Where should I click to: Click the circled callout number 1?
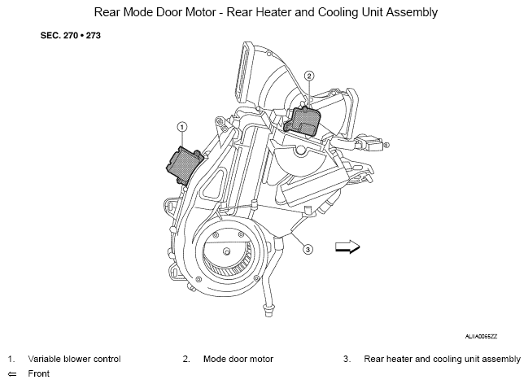(x=182, y=127)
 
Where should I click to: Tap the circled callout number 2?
(x=309, y=76)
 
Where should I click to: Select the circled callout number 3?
(x=308, y=250)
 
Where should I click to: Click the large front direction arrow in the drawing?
(x=347, y=247)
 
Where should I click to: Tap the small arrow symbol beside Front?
(x=12, y=374)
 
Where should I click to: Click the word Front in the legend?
(x=39, y=373)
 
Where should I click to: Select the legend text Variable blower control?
(x=74, y=359)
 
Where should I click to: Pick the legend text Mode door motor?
(x=238, y=359)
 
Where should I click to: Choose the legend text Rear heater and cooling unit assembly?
(x=442, y=359)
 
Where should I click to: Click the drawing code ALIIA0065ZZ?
(x=481, y=337)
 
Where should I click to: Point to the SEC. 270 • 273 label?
(x=71, y=35)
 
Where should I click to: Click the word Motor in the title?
(x=201, y=12)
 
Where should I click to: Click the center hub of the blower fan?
(x=227, y=251)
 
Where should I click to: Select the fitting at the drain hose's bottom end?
(x=268, y=310)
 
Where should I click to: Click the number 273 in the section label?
(x=94, y=35)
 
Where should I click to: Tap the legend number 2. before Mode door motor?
(x=186, y=359)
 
